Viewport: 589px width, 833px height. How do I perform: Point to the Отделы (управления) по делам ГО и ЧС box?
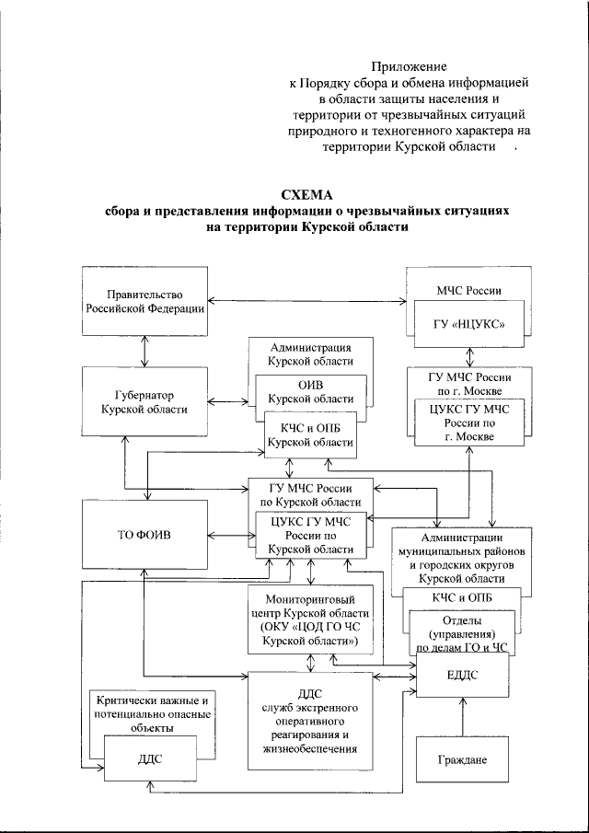coord(462,635)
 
